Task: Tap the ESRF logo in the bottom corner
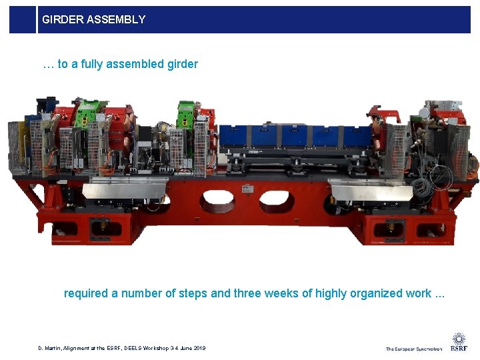click(459, 342)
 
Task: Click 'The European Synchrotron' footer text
click(413, 349)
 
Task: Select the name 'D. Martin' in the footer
click(51, 348)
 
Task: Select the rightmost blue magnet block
click(355, 136)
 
